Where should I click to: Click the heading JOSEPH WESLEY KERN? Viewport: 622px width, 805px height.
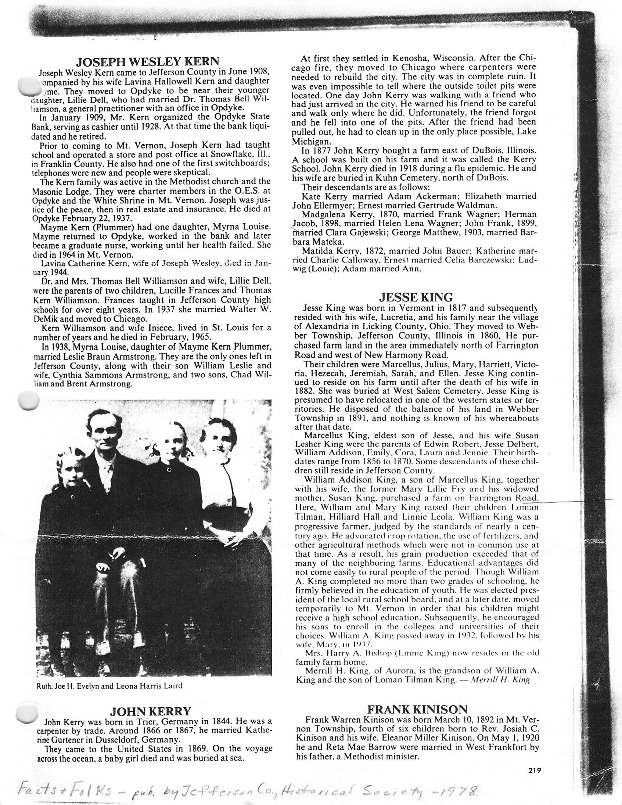[x=147, y=61]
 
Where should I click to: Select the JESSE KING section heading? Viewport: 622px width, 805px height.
[x=416, y=297]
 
